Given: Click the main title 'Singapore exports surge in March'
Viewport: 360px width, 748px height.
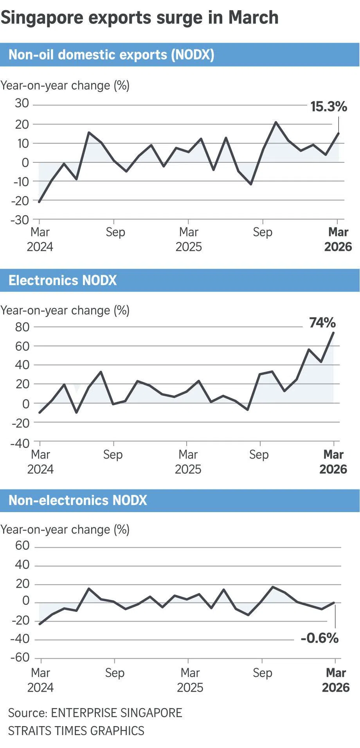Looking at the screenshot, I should point(139,18).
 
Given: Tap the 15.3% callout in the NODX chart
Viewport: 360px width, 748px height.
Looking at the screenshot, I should point(328,106).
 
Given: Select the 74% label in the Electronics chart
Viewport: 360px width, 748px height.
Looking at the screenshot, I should point(322,323).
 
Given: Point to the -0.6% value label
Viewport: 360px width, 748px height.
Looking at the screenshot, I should point(319,638).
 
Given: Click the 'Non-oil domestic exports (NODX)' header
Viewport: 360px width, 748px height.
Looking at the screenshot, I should point(112,55).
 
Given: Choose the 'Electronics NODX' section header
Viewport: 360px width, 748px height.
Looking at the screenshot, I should point(63,280).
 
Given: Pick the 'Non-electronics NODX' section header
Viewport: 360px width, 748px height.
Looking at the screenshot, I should point(78,500).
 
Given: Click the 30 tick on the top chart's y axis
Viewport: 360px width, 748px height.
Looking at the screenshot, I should point(22,103).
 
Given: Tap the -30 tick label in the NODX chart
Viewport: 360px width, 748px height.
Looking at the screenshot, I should point(20,219).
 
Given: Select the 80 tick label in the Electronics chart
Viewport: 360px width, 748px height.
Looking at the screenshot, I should point(22,327).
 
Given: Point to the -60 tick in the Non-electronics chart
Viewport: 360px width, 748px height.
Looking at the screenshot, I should point(20,657).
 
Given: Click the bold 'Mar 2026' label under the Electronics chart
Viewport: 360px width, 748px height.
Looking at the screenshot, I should point(333,462).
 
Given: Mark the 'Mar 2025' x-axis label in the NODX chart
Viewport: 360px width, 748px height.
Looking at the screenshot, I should point(189,239).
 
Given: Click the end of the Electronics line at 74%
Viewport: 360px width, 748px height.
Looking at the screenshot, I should point(333,333).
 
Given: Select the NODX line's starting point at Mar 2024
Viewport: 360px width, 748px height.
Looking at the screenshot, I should point(39,202).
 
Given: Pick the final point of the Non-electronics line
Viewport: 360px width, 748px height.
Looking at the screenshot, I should point(335,602).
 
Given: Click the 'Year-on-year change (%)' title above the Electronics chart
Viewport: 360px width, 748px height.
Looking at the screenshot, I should point(65,310).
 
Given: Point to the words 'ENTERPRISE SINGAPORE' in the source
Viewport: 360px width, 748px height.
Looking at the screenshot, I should point(117,712).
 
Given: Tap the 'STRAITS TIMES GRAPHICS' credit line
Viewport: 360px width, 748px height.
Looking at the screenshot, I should point(76,730).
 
